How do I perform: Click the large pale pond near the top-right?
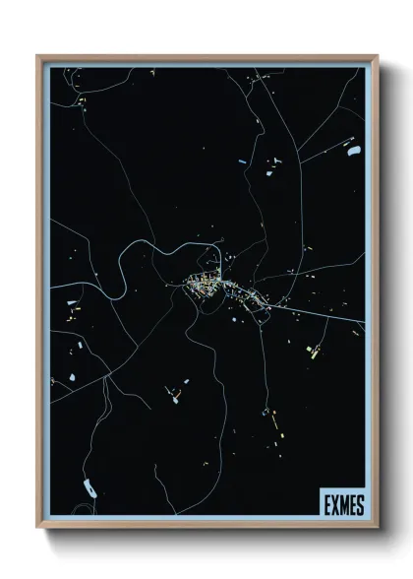[x=353, y=151]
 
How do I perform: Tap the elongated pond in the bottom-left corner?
[x=89, y=485]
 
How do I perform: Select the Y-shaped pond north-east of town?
[x=278, y=160]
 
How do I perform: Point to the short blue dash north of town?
[x=241, y=160]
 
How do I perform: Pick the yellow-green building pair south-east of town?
[x=316, y=351]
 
